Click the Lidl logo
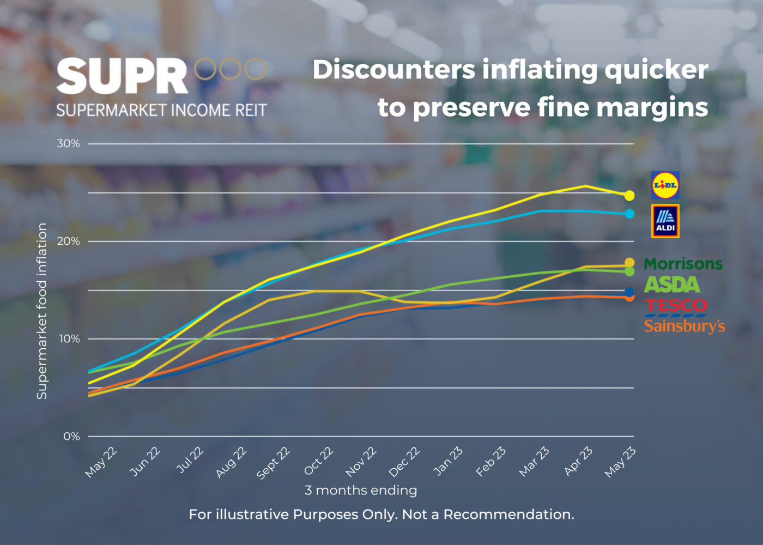point(665,185)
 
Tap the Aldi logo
point(665,221)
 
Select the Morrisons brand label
point(683,264)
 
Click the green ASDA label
point(671,284)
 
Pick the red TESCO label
point(675,306)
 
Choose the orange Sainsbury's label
point(685,326)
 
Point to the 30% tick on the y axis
point(69,143)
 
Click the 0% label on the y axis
point(71,437)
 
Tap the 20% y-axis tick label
point(69,241)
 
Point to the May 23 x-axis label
point(620,462)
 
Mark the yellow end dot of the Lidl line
point(629,195)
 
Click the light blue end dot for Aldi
point(629,214)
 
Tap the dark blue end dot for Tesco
point(629,292)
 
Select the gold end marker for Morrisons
point(629,263)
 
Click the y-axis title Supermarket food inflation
point(42,311)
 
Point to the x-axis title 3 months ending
point(361,491)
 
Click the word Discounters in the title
point(393,70)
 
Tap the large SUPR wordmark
point(122,76)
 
